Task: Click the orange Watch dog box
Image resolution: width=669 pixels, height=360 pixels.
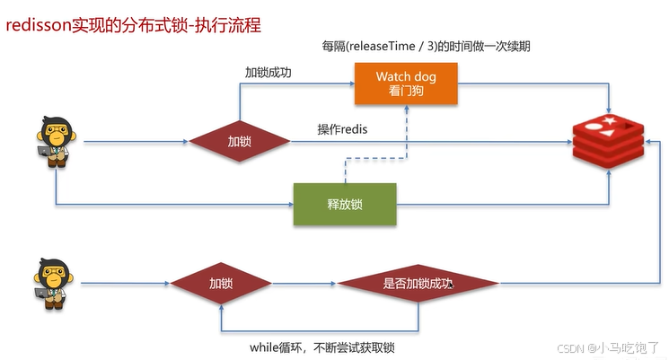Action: tap(406, 85)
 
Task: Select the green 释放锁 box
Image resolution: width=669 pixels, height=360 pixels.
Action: tap(345, 205)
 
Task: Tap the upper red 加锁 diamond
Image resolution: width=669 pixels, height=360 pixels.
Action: tap(239, 142)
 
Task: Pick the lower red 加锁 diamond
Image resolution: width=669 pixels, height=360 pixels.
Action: tap(221, 284)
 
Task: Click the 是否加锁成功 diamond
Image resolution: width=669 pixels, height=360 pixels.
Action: tap(418, 284)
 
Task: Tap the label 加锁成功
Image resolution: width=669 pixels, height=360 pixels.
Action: tap(269, 71)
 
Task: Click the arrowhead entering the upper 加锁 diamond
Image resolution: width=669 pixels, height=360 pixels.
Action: tap(185, 142)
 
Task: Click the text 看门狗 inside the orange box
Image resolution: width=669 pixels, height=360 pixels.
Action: tap(406, 92)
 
